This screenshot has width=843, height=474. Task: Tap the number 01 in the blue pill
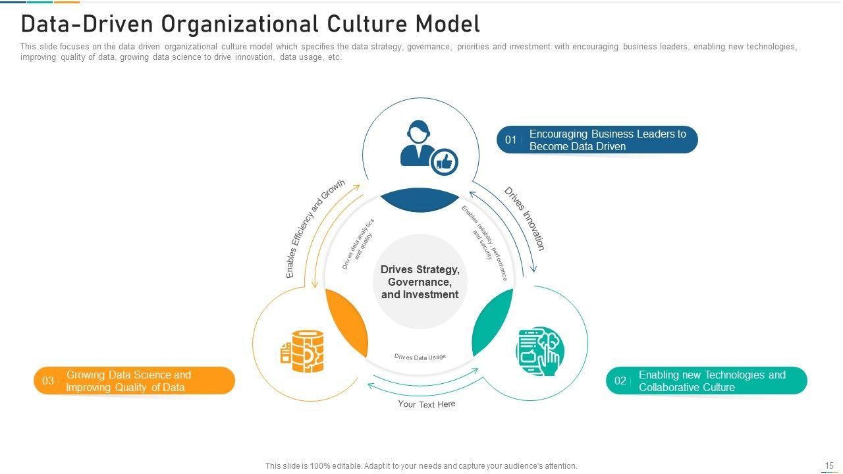511,140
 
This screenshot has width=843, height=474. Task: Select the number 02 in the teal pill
620,381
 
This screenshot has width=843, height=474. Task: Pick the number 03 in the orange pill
48,381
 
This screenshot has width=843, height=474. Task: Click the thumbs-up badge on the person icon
445,161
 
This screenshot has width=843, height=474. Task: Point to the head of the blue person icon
418,132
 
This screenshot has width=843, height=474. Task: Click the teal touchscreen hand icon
540,352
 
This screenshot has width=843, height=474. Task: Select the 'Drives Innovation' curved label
525,219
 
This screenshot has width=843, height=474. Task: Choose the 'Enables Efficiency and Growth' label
315,228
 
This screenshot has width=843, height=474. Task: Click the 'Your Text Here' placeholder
426,404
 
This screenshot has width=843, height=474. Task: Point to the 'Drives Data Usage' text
420,357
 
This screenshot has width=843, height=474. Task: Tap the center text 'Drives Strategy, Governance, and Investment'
420,282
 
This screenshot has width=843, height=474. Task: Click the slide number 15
829,465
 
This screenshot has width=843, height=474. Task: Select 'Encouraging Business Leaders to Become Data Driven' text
607,140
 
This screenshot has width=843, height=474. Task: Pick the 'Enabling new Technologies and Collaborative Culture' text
712,381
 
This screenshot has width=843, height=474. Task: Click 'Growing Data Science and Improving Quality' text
128,381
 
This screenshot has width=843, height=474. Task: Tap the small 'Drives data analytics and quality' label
359,244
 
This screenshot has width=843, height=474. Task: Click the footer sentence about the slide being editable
421,466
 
